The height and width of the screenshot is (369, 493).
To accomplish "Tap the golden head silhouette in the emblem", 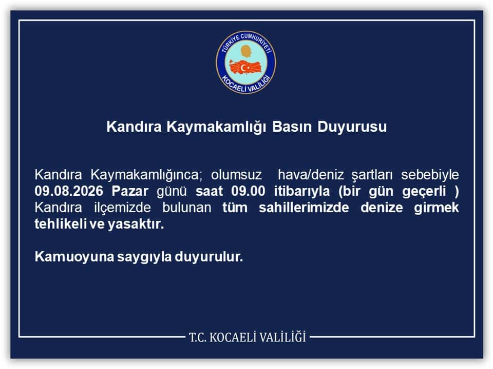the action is (246, 51).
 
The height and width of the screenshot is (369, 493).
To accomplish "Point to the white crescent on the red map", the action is (243, 67).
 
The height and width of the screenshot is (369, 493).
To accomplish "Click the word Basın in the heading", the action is (292, 127).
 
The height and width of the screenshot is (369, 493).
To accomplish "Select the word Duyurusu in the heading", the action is (352, 127).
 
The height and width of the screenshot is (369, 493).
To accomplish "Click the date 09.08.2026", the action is (69, 191).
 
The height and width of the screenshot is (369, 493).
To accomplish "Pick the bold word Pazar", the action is (130, 191).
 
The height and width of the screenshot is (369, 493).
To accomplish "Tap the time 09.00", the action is (248, 191).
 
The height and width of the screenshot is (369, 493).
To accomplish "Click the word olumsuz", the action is (236, 175).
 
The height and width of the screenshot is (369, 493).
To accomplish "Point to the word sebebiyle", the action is (430, 175).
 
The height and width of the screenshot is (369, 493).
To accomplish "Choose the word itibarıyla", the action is (301, 191).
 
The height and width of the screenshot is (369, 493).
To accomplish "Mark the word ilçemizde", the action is (122, 208).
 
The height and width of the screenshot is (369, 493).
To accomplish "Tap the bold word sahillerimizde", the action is (304, 208).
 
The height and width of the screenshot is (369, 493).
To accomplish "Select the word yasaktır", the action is (136, 224).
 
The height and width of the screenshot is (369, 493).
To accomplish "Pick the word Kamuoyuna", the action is (74, 257).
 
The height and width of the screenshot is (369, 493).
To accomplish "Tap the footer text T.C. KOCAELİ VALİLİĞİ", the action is (248, 338).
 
